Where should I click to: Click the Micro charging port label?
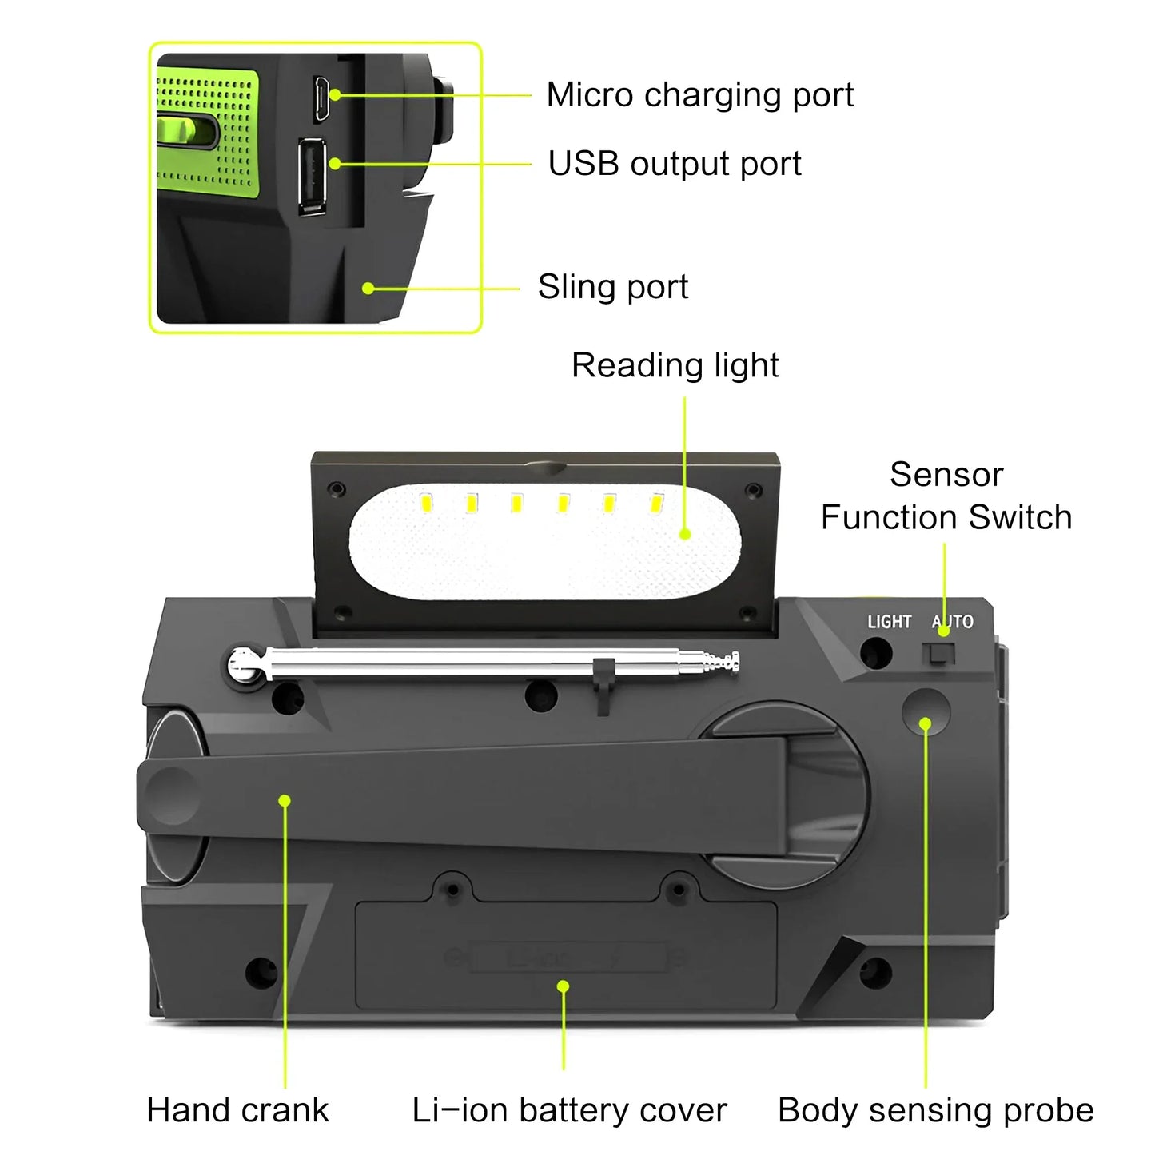[x=699, y=95]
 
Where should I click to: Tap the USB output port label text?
[x=674, y=164]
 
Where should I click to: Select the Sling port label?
[x=612, y=287]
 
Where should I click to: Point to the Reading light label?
[x=675, y=365]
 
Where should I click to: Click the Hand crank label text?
[x=237, y=1110]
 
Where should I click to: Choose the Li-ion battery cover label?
[x=569, y=1110]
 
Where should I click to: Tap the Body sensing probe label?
[x=935, y=1110]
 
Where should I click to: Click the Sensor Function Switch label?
[x=946, y=496]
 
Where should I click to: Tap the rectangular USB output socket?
[x=312, y=176]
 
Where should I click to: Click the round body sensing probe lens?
[x=926, y=711]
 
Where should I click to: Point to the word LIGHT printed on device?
[x=889, y=622]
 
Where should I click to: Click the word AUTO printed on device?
[x=953, y=622]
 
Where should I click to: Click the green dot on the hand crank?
[x=285, y=800]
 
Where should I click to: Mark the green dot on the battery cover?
[x=564, y=986]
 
